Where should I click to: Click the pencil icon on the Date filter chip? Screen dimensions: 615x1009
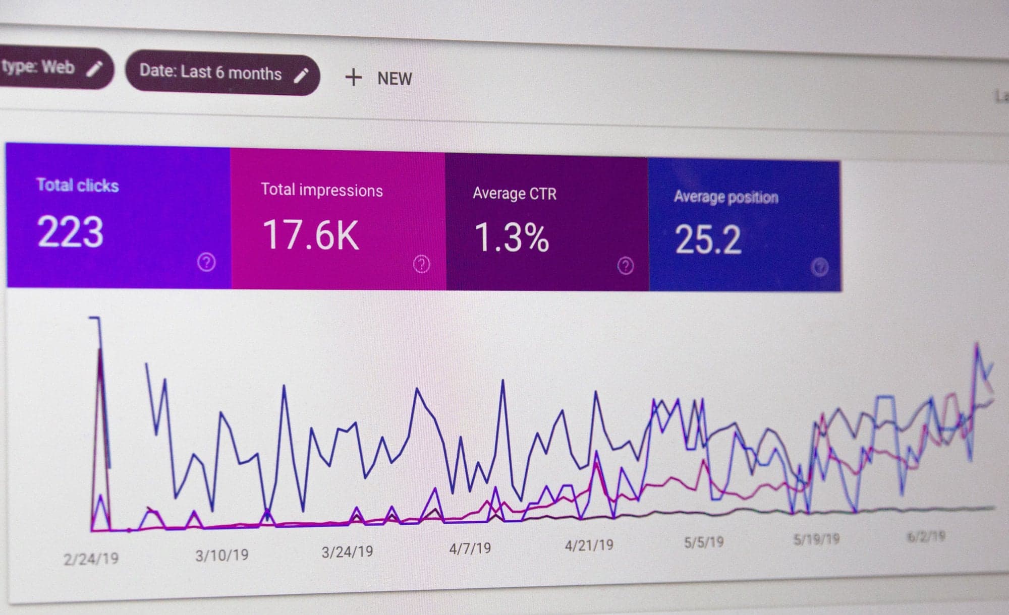[x=301, y=76]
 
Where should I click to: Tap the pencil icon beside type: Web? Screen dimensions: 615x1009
[x=94, y=69]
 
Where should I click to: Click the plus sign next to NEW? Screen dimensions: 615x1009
[x=353, y=78]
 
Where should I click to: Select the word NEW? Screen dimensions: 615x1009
[x=395, y=79]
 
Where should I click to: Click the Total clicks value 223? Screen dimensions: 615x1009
[x=70, y=232]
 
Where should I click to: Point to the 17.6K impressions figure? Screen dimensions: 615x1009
[x=311, y=235]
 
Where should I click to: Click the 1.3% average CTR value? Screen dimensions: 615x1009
[x=511, y=237]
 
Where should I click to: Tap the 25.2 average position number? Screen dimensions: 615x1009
[x=707, y=239]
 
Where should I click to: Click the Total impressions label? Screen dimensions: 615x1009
[x=321, y=190]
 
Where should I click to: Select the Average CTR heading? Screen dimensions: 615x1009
[x=514, y=194]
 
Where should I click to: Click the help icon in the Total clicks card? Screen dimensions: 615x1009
[x=206, y=262]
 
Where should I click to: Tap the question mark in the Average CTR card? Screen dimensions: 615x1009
[x=625, y=266]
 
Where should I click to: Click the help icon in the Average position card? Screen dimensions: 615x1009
[x=819, y=267]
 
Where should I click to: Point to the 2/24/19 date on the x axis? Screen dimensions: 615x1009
[x=91, y=559]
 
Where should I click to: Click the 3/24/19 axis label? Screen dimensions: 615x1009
[x=347, y=551]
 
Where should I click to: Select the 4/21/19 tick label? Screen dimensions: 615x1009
[x=589, y=545]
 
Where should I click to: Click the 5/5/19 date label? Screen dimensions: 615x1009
[x=703, y=542]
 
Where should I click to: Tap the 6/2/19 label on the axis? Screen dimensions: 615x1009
[x=926, y=536]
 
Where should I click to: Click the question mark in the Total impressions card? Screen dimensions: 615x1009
[x=421, y=264]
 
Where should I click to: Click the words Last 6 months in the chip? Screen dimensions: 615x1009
[x=231, y=73]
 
